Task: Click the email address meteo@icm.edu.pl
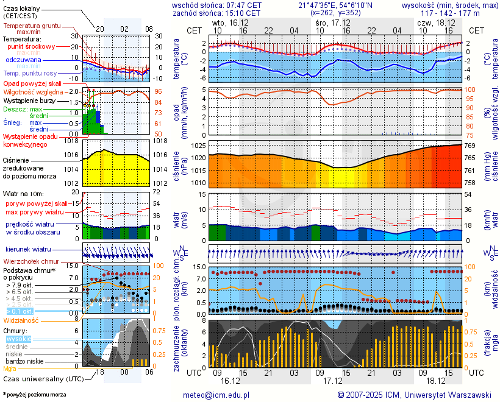pyautogui.click(x=216, y=395)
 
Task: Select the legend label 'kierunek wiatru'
pyautogui.click(x=28, y=250)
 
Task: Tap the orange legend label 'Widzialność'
pyautogui.click(x=21, y=320)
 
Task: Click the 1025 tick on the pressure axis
pyautogui.click(x=199, y=146)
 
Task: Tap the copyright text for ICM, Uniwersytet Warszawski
pyautogui.click(x=414, y=395)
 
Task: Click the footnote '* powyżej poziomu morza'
pyautogui.click(x=34, y=395)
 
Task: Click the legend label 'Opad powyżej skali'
pyautogui.click(x=32, y=83)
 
